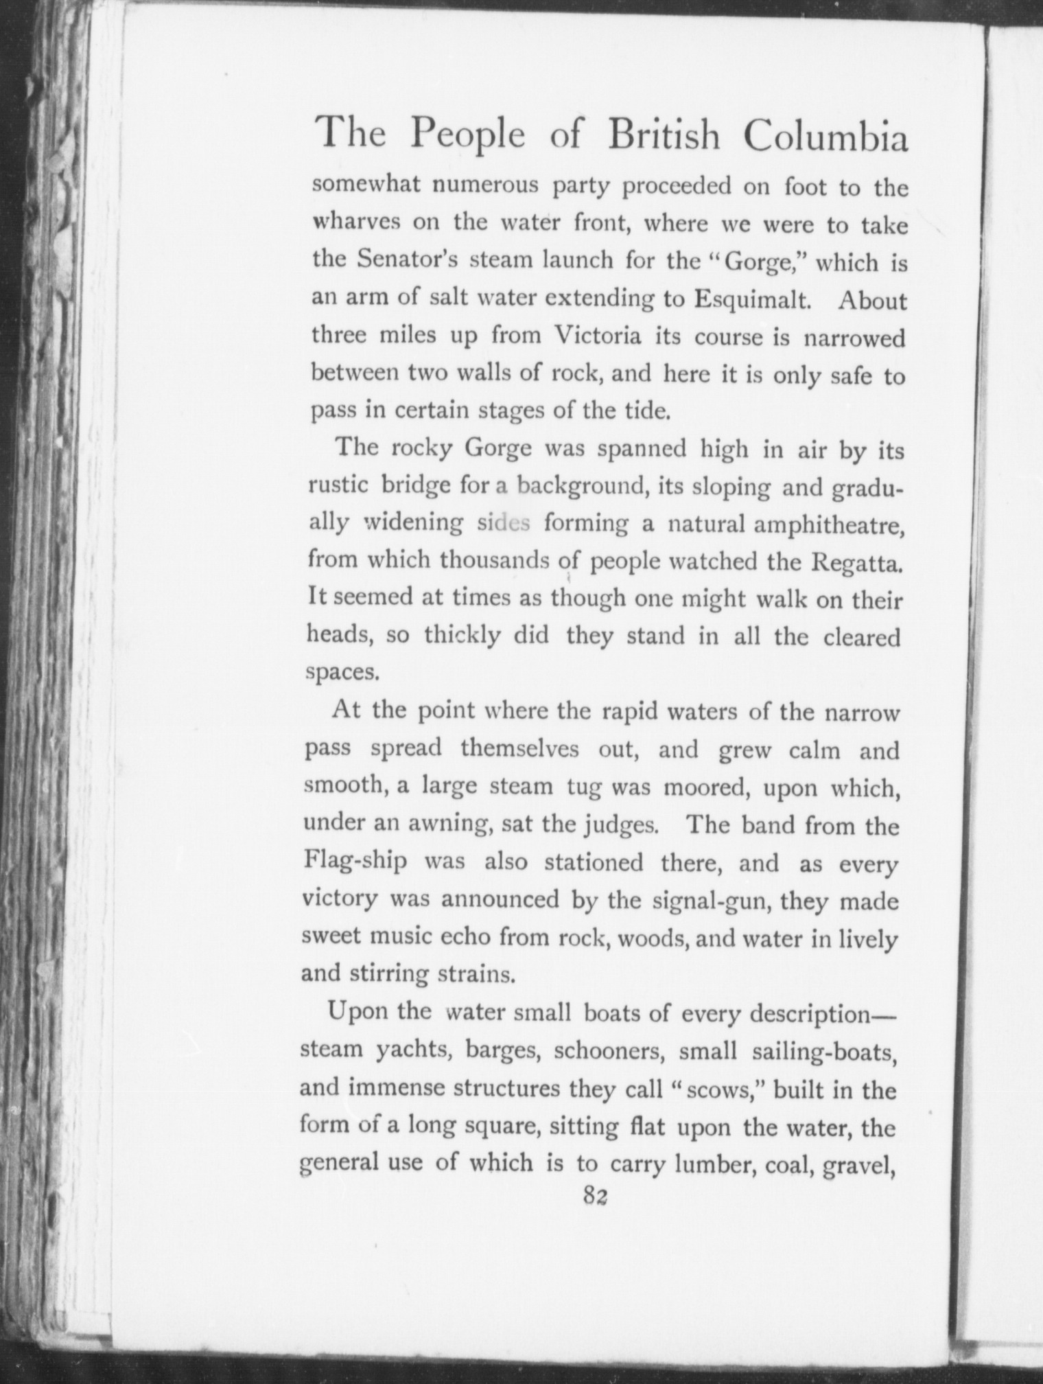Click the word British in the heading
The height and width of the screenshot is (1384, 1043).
coord(664,135)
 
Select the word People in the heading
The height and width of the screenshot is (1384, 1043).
coord(467,135)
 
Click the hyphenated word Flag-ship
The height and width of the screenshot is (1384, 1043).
coord(355,862)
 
